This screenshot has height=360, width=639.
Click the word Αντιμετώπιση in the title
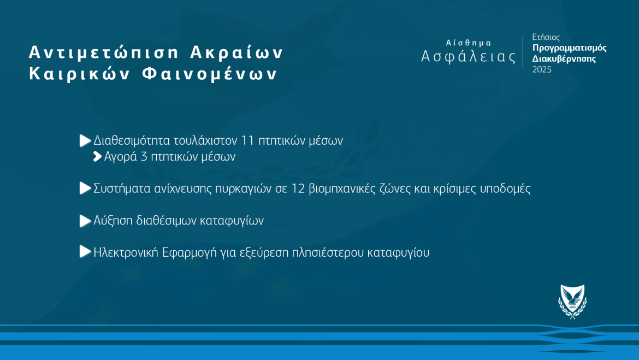point(104,52)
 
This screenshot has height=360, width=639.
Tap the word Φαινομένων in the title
point(210,74)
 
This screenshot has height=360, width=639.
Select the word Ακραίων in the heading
point(237,52)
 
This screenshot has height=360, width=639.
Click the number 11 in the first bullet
point(248,140)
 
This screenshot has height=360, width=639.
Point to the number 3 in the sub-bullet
point(144,157)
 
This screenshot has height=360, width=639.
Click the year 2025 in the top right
point(542,70)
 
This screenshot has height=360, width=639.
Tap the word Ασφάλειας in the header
point(469,56)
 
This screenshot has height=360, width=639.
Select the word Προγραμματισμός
point(569,48)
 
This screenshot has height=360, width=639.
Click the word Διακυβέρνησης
point(564,58)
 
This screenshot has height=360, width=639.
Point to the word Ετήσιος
point(546,37)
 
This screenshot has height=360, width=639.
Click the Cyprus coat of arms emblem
point(572,302)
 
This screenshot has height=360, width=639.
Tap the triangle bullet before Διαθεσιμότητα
point(85,140)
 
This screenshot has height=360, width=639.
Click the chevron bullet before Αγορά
point(97,157)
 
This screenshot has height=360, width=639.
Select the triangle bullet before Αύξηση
point(85,221)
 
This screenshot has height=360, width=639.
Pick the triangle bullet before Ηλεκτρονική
point(85,252)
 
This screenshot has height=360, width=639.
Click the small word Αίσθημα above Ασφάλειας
point(469,43)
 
